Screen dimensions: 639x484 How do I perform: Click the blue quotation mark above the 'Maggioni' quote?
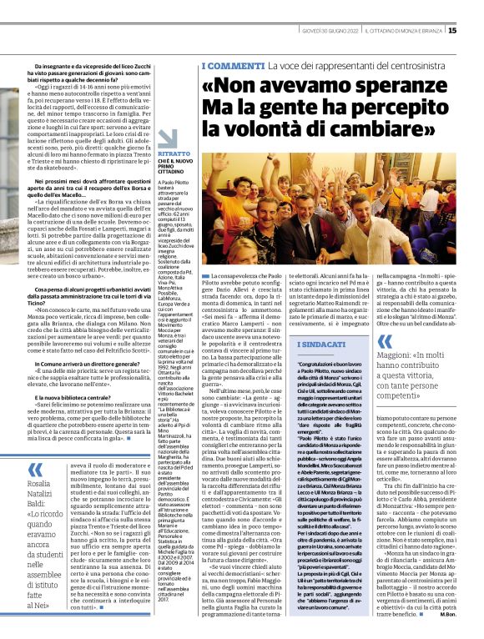point(385,342)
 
